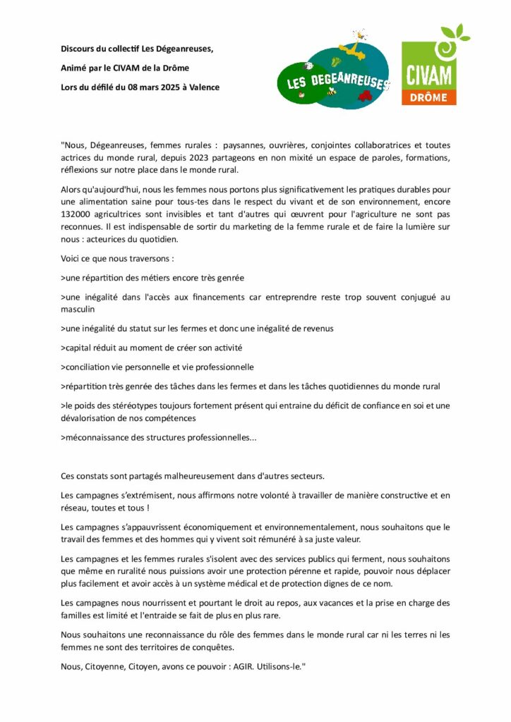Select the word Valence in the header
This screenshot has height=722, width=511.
[x=203, y=87]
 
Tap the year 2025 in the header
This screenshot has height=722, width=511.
[x=165, y=87]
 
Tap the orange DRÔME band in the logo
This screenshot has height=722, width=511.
[x=428, y=97]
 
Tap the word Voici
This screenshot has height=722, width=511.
[x=72, y=259]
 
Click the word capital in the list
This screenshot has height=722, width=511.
[x=79, y=348]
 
